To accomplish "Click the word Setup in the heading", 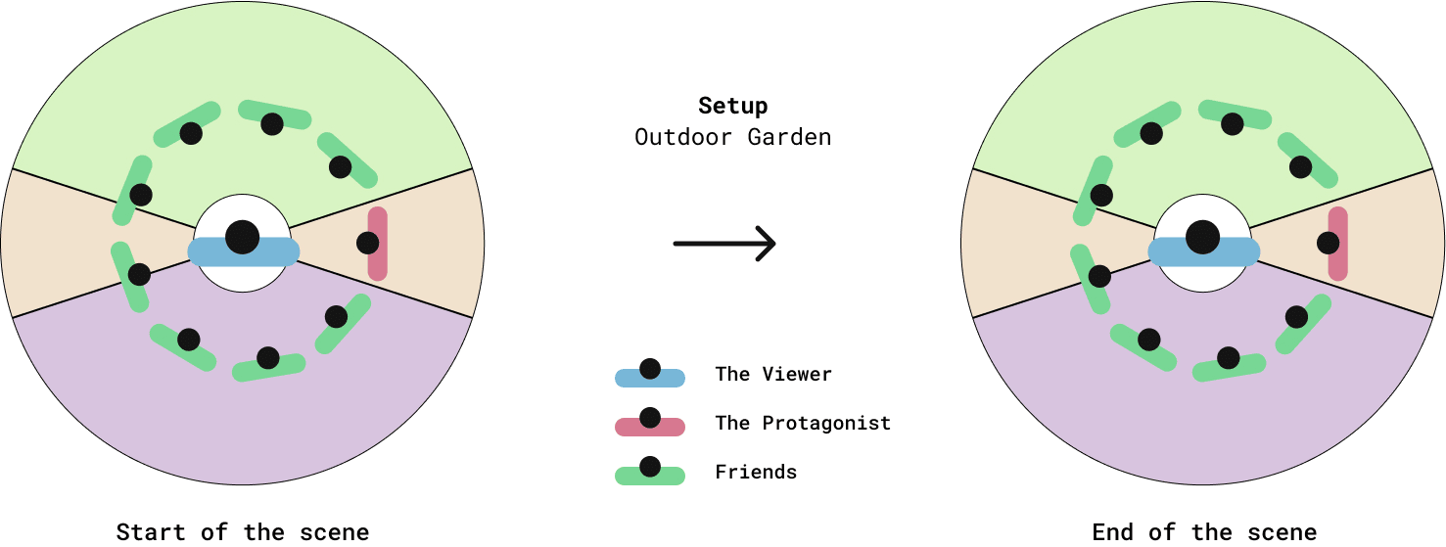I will (732, 106).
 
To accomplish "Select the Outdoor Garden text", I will (732, 137).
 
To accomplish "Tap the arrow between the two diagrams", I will (724, 243).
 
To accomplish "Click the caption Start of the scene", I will (243, 532).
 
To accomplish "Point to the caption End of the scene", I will (1204, 532).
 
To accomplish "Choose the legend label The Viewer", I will (773, 374).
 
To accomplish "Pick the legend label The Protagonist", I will (803, 423).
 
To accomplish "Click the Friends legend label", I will (756, 472).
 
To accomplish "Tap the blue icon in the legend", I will (649, 376).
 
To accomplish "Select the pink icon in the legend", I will (649, 425).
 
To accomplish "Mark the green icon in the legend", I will (649, 474).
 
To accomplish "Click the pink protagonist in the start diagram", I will (376, 243).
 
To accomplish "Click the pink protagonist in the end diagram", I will (1336, 243).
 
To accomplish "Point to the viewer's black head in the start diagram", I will (243, 236).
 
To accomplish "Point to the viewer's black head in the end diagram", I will (1203, 236).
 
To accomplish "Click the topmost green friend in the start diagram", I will (274, 116).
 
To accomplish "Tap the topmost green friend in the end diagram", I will (1235, 116).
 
